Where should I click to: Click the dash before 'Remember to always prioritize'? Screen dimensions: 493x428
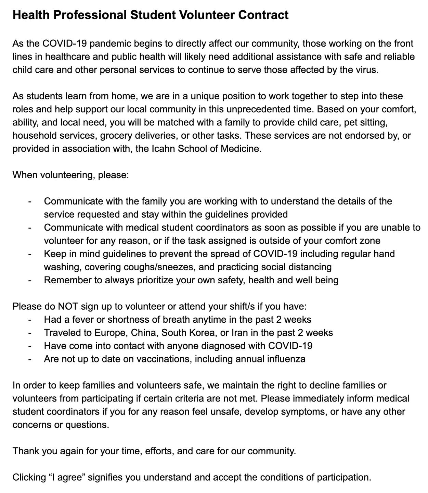click(x=30, y=280)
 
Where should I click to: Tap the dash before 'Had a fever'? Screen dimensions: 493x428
click(x=30, y=320)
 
